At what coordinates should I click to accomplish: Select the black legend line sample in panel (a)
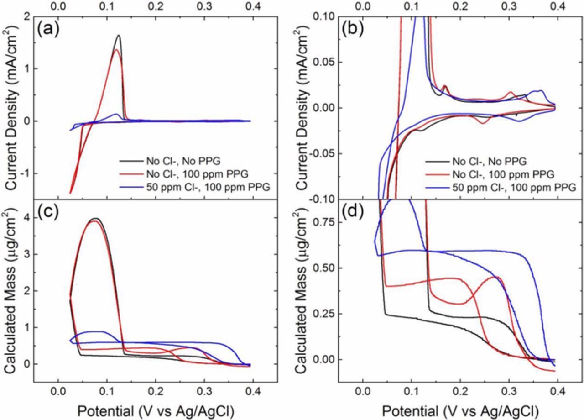click(132, 161)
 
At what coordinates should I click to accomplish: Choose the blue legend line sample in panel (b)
click(437, 187)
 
